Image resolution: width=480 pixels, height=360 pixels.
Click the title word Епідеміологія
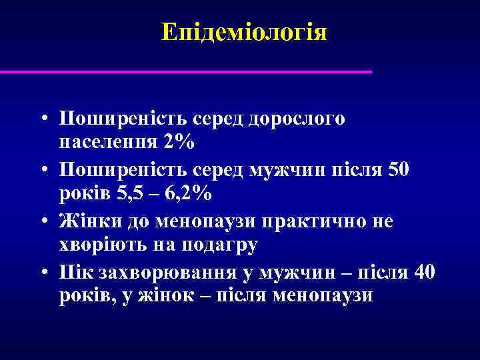244,32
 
